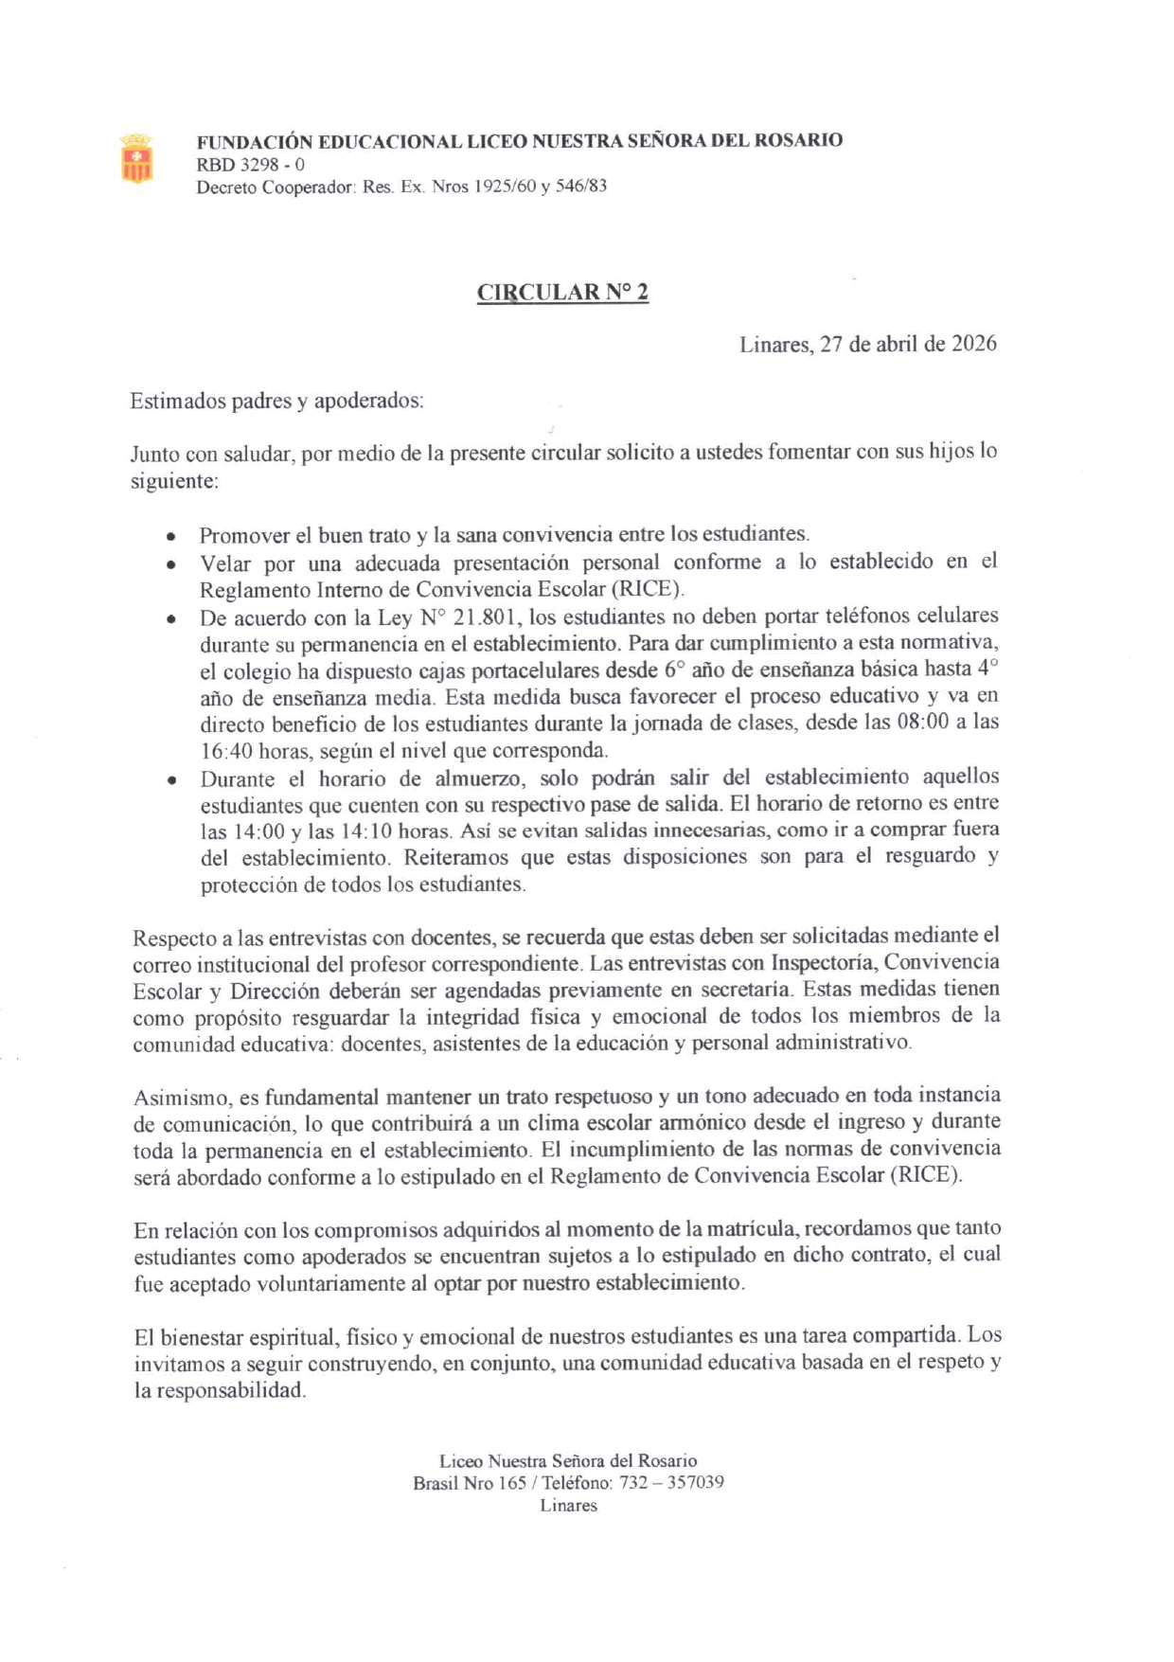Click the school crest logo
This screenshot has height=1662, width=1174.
pyautogui.click(x=136, y=158)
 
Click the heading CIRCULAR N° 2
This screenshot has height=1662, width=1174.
pyautogui.click(x=562, y=292)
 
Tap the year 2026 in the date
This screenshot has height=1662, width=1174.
pyautogui.click(x=973, y=344)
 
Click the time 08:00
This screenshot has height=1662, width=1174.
pyautogui.click(x=941, y=723)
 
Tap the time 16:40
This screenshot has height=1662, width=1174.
pyautogui.click(x=227, y=751)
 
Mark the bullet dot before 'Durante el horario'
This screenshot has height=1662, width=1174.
pyautogui.click(x=170, y=781)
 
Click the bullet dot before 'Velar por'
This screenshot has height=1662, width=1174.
pyautogui.click(x=170, y=565)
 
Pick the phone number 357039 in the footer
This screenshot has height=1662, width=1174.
pyautogui.click(x=696, y=1482)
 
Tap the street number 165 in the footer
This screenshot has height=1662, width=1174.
pyautogui.click(x=512, y=1482)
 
